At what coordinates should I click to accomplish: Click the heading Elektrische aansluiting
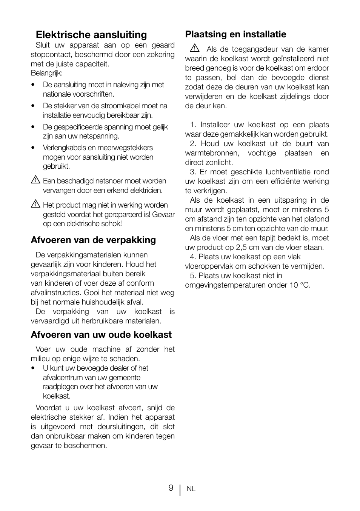coord(91,35)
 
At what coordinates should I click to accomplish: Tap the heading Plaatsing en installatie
coord(235,34)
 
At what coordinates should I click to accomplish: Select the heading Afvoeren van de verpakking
coord(93,240)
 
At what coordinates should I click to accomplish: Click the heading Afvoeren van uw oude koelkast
coord(101,335)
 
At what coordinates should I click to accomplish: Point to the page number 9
coord(171,488)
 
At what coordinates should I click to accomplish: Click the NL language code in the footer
coord(191,489)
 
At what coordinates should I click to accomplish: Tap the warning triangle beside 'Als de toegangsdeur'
coord(195,48)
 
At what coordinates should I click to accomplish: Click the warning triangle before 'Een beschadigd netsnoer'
coord(35,180)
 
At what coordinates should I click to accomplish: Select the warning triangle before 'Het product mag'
coord(35,205)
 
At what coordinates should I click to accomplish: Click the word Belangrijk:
coord(47,73)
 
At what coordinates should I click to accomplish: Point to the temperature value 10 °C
coord(300,285)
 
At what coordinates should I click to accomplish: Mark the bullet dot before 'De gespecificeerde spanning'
coord(33,127)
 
